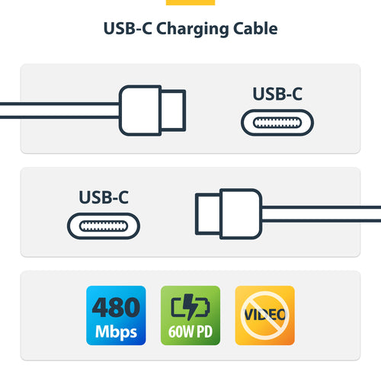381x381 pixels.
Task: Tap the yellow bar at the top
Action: coord(190,2)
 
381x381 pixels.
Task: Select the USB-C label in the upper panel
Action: coord(277,94)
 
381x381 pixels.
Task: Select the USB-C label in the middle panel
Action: coord(104,197)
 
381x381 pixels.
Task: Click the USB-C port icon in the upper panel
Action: coord(277,123)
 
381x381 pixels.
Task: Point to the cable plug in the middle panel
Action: coord(236,211)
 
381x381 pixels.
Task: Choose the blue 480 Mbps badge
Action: coord(117,315)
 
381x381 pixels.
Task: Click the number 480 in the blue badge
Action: coord(117,307)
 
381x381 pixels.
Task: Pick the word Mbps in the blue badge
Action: coord(117,332)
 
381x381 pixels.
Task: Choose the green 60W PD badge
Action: coord(190,315)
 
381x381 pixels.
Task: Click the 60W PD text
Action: coord(190,333)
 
